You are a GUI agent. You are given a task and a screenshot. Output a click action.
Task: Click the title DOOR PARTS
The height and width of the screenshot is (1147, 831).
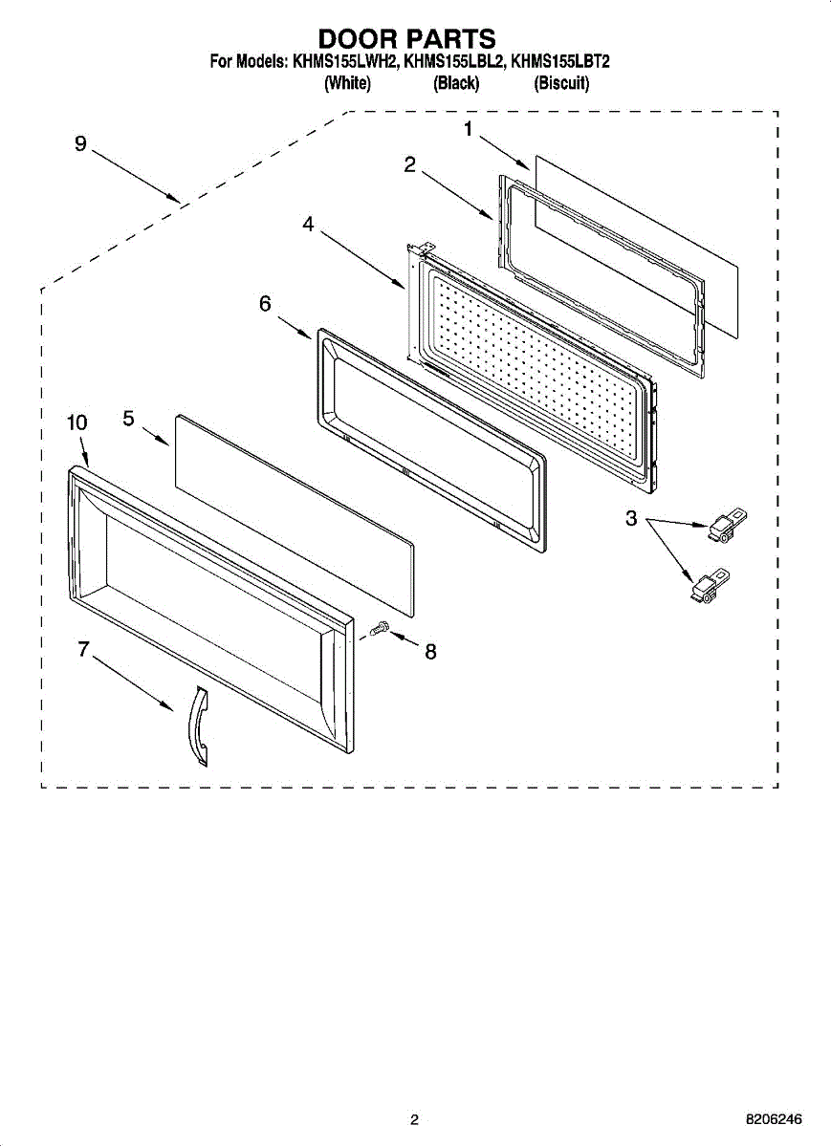407,39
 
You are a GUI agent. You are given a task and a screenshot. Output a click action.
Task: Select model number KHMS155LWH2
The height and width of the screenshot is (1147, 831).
345,62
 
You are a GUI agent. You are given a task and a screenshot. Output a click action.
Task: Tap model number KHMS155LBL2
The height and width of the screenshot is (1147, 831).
454,62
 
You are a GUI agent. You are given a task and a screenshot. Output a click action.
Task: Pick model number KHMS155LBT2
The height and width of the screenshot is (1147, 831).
560,62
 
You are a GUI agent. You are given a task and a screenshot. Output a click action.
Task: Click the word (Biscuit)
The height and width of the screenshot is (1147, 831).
561,83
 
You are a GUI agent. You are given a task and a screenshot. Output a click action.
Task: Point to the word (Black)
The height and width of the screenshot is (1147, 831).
456,83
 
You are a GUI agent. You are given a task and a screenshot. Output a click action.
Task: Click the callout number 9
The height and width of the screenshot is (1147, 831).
80,144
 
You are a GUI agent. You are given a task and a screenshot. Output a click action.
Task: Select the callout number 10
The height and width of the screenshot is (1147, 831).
77,422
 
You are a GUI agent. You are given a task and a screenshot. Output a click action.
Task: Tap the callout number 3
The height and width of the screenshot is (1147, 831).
631,518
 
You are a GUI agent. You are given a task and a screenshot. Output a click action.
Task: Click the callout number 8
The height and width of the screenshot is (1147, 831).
430,652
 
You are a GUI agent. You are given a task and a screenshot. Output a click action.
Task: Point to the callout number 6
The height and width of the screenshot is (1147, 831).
265,304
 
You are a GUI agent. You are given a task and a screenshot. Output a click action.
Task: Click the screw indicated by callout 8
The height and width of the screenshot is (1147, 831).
379,627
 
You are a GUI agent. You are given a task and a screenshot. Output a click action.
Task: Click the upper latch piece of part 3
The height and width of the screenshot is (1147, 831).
728,525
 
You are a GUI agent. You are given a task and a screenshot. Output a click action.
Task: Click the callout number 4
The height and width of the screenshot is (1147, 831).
308,224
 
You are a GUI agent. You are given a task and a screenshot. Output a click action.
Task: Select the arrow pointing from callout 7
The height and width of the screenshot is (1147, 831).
133,684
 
